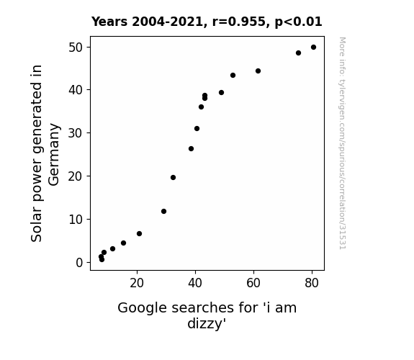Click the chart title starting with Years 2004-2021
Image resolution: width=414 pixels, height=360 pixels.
207,22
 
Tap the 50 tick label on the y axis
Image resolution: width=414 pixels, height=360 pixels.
76,48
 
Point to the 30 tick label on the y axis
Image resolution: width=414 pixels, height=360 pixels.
76,133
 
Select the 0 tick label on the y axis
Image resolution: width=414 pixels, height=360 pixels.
79,263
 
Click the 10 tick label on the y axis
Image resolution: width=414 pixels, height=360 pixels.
76,220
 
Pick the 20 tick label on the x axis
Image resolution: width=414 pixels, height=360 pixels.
137,283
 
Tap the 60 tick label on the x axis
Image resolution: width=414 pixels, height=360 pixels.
253,283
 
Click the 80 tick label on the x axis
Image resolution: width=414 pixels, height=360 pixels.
312,283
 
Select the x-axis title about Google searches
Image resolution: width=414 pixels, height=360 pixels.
207,315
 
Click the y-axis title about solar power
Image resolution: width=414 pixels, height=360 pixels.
45,153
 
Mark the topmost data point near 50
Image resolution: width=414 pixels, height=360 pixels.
313,48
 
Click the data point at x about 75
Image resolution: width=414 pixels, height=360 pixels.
298,53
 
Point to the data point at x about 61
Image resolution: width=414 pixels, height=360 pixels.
258,71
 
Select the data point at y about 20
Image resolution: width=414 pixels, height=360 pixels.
173,178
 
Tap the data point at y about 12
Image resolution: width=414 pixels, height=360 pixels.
163,211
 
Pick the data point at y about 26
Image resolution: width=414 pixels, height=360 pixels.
191,149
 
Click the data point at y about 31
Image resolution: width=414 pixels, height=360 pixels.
197,129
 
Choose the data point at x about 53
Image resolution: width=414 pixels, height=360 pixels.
233,76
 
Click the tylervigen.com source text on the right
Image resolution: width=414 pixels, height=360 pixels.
342,143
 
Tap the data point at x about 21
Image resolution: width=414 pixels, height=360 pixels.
139,233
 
